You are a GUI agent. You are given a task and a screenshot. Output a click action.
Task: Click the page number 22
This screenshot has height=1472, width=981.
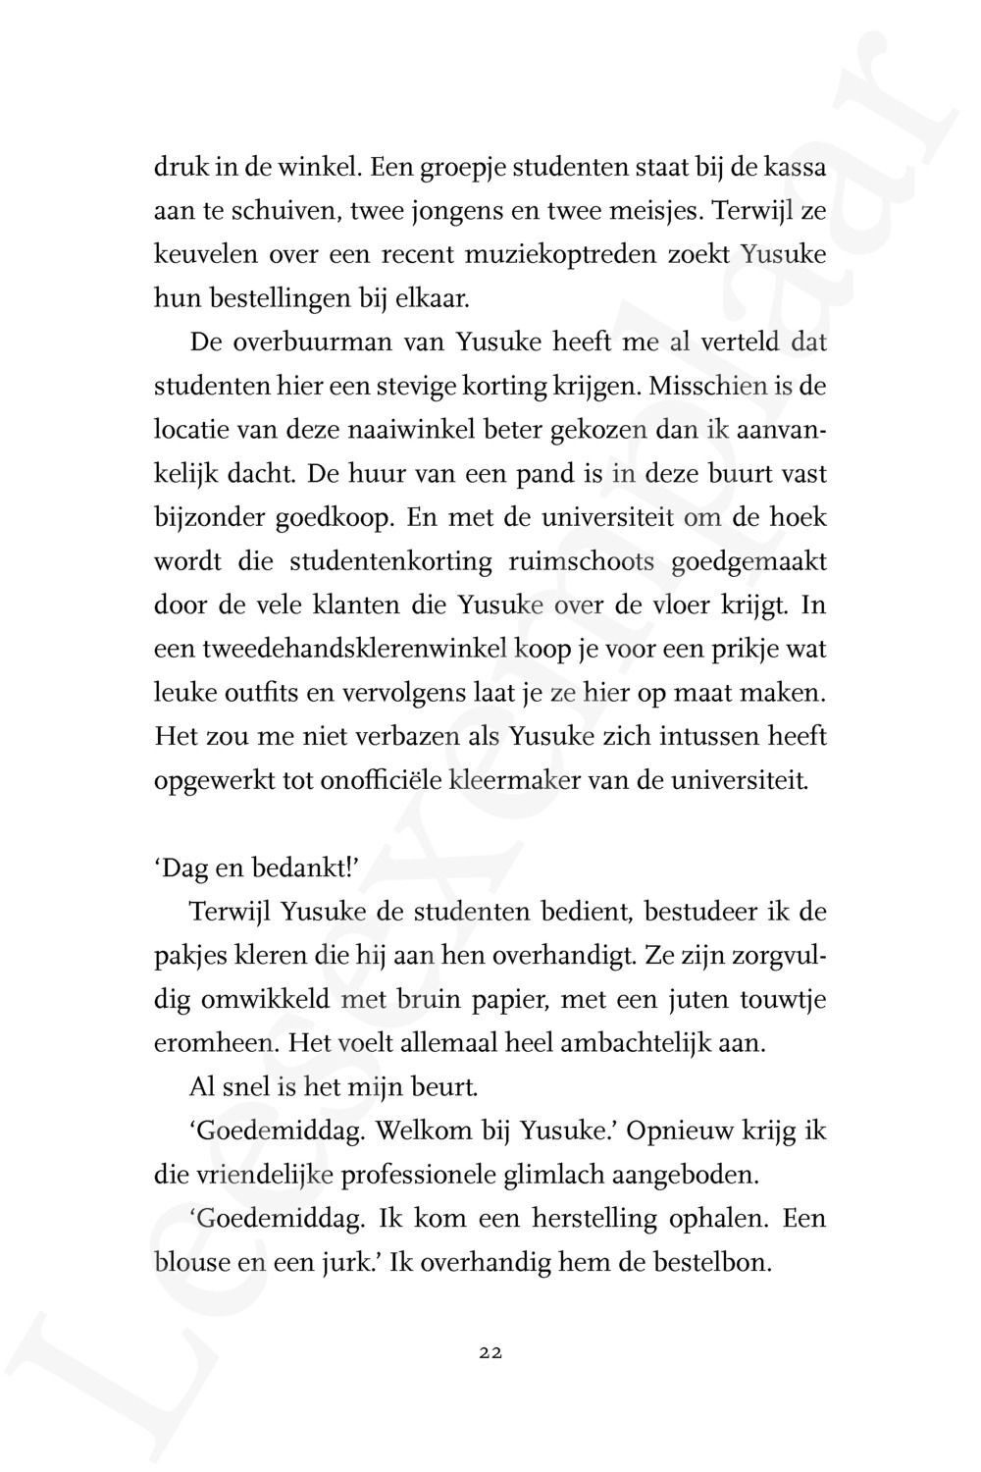[490, 1352]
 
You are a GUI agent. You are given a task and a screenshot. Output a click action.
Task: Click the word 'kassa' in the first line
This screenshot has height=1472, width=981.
[793, 168]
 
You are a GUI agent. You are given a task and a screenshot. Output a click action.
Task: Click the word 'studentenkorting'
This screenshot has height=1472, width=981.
[390, 561]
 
